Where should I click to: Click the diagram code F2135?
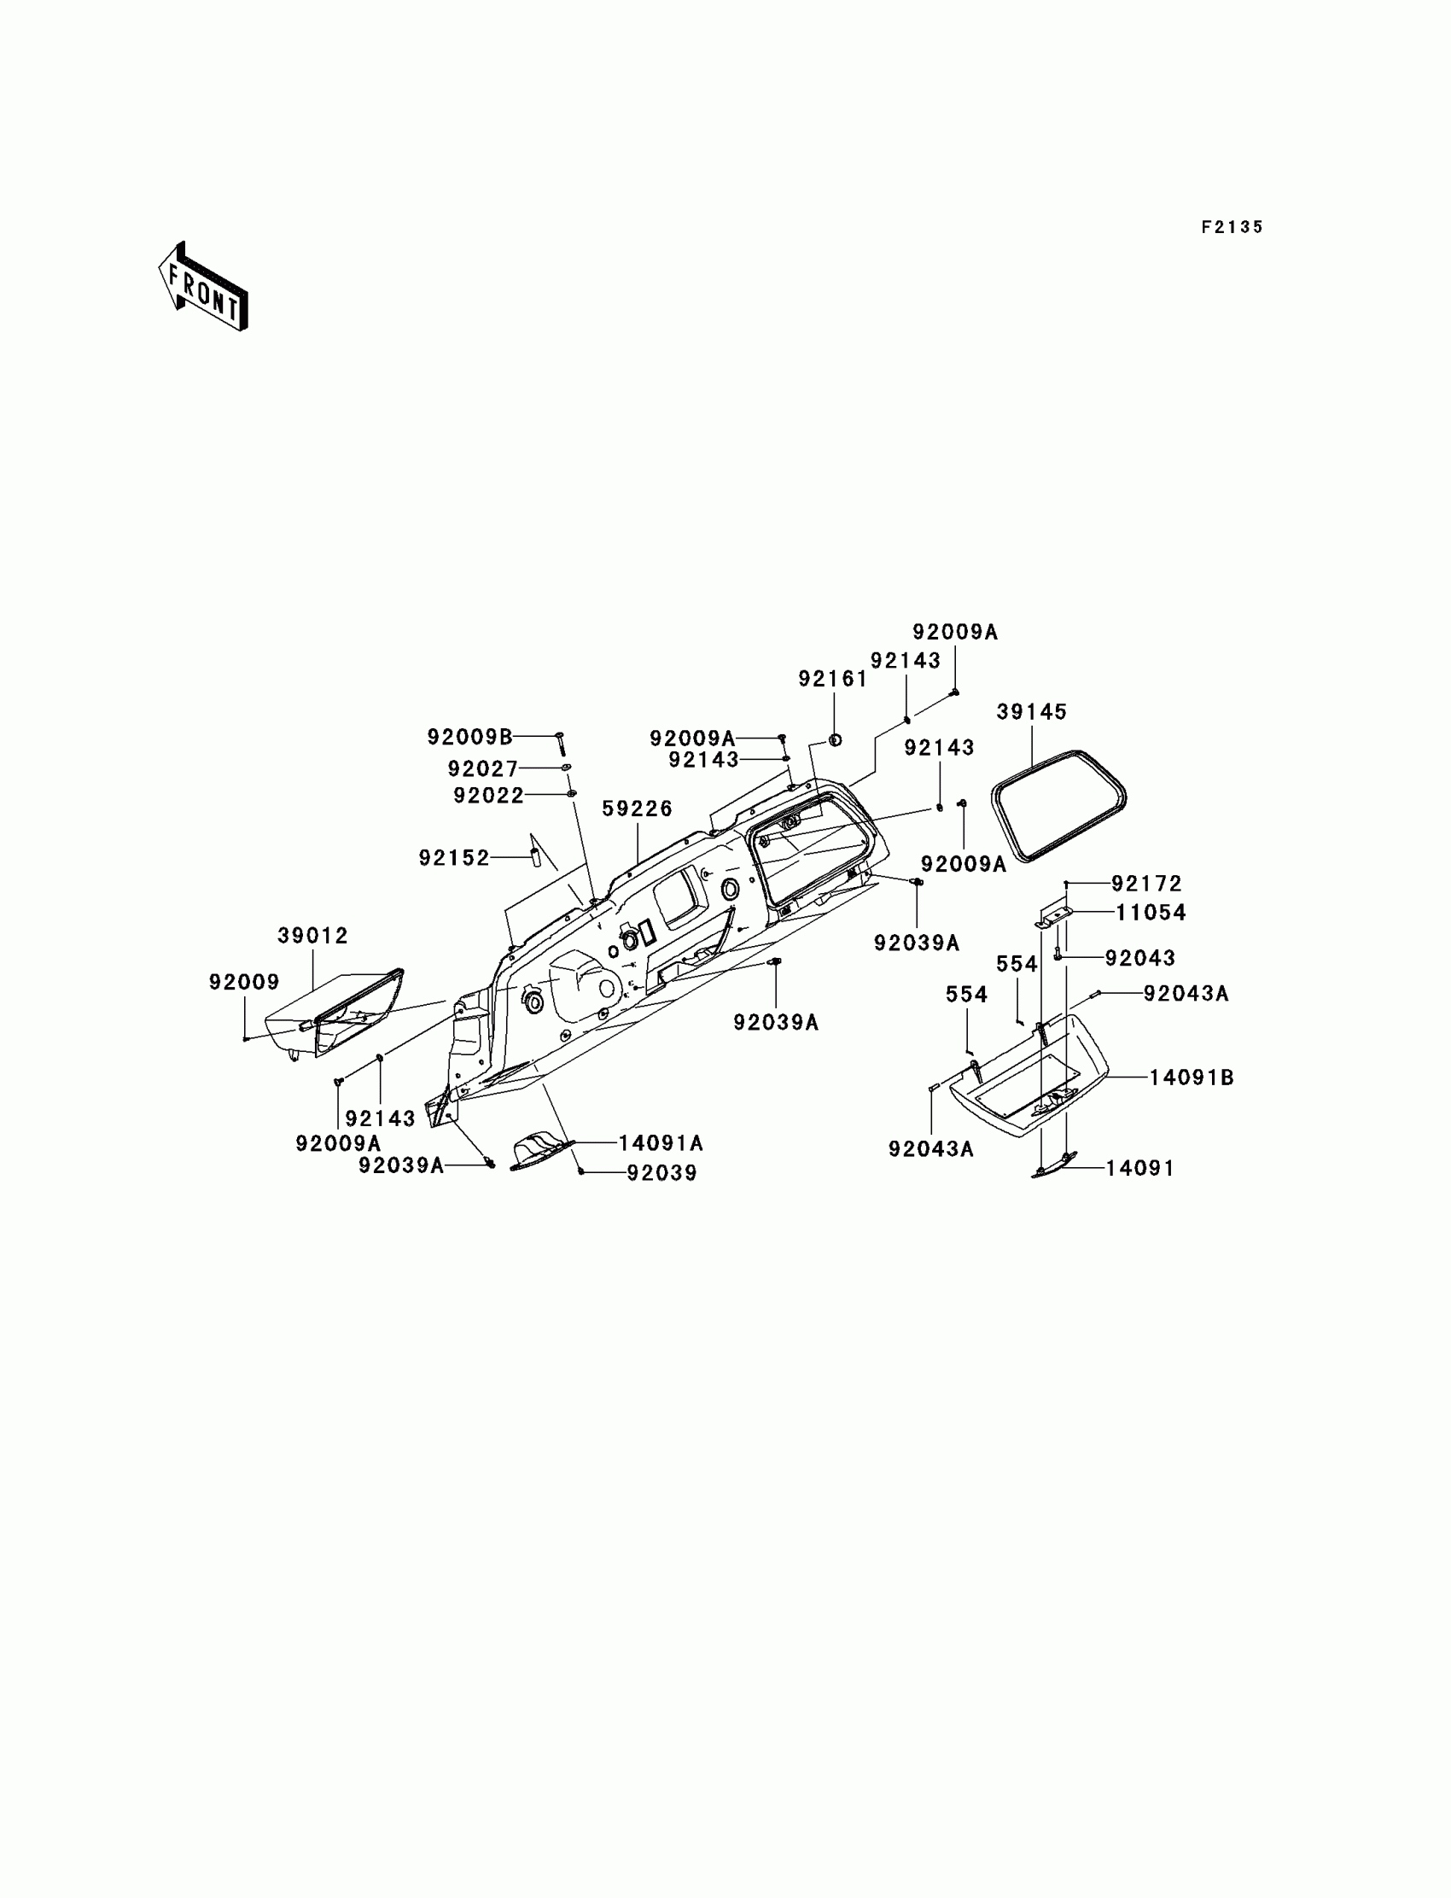[x=1232, y=227]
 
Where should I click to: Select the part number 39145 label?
[x=1031, y=712]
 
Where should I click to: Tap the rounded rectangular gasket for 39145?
[x=1059, y=806]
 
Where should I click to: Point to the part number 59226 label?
[x=638, y=809]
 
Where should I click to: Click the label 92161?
[x=832, y=679]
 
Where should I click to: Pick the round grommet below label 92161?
[x=836, y=740]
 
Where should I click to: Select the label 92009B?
[x=469, y=737]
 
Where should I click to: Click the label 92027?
[x=483, y=768]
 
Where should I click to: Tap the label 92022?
[x=489, y=795]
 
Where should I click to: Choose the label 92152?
[x=454, y=858]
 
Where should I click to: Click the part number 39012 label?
[x=312, y=935]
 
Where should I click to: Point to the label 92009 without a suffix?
[x=244, y=981]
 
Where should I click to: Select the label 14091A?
[x=661, y=1143]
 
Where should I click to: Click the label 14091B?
[x=1191, y=1077]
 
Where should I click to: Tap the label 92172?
[x=1146, y=884]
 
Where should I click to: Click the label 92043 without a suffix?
[x=1140, y=958]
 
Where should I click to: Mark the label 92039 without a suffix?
[x=661, y=1172]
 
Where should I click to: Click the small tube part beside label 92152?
[x=534, y=858]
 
